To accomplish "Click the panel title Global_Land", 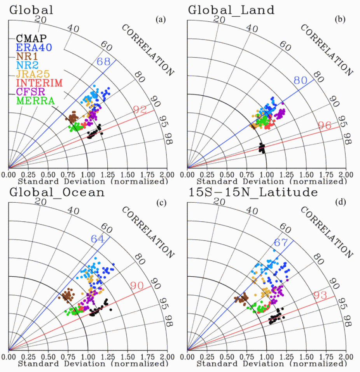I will point(231,9).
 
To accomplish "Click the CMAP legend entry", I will point(31,39).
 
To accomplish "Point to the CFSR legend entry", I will point(31,92).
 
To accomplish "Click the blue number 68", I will point(104,61).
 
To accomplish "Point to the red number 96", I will point(325,125).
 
